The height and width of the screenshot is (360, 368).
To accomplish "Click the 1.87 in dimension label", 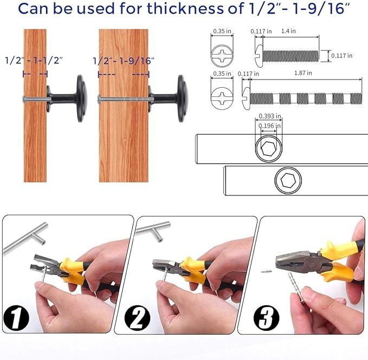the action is pos(303,73).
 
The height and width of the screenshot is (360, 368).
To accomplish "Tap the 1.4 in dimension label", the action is pos(288,31).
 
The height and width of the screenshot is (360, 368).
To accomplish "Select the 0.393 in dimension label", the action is pos(270,116).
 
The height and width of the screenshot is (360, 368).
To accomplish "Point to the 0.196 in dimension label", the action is pos(269,126).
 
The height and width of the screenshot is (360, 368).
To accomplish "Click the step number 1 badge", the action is pos(16,318).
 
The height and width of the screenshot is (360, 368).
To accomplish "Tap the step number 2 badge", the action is pos(137,318).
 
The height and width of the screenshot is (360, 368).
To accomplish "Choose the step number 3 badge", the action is pos(266,318).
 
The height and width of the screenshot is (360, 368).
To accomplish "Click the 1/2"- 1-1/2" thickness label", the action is pos(34,61).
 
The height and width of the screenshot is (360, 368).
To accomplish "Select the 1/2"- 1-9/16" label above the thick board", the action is pos(124,61).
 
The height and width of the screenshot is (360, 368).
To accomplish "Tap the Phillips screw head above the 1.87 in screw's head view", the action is pos(222,56).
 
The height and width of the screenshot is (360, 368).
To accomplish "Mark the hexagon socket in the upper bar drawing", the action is pos(269,148).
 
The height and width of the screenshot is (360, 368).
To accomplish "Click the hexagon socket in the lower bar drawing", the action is pos(288,180).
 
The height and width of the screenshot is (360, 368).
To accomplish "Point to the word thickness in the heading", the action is pos(185,9).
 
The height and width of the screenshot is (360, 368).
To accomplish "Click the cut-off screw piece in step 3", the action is pos(266,271).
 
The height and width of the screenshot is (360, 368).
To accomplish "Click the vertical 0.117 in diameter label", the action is pos(341,56).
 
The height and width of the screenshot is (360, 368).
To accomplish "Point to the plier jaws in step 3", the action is pos(296,260).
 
